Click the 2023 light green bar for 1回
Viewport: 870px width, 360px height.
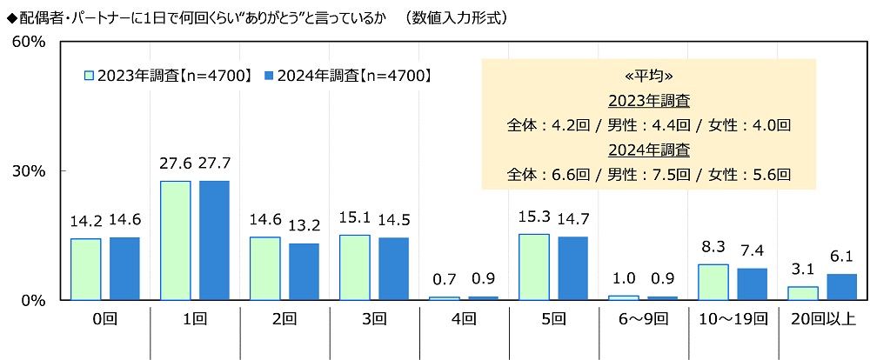coord(175,240)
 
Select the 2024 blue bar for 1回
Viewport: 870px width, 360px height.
coord(213,240)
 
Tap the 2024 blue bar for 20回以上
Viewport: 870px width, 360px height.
coord(841,287)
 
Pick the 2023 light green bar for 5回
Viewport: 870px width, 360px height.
coord(533,267)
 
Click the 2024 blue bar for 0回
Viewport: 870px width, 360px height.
coord(124,269)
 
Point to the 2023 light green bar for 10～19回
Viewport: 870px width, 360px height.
coord(713,282)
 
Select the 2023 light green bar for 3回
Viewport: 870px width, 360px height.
coord(354,267)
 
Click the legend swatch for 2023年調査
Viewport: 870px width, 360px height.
coord(89,76)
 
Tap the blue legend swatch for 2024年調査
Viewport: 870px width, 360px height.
coord(268,76)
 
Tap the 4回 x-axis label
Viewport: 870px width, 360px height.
coord(463,319)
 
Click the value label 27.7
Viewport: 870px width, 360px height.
coord(214,163)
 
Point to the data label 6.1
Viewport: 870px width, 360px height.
coord(841,257)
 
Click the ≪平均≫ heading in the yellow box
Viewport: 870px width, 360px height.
coord(648,75)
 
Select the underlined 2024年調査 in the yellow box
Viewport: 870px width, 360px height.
coord(648,149)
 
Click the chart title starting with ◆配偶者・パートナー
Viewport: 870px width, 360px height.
coord(257,17)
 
